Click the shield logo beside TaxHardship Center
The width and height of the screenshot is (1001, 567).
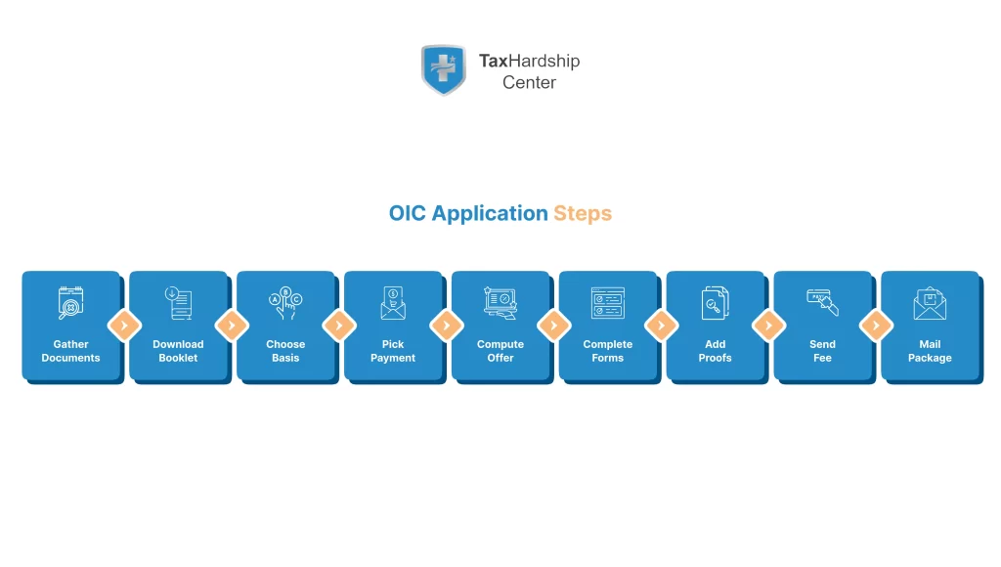coord(443,69)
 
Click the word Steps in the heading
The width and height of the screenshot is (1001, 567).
coord(583,213)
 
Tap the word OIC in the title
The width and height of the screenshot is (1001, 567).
coord(408,213)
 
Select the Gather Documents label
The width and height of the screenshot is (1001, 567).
coord(70,351)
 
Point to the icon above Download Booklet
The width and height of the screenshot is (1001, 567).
coord(178,303)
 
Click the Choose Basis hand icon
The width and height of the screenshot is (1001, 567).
coord(285,303)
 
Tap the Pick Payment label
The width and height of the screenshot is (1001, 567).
coord(393,351)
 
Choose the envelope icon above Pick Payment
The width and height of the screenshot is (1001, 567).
coord(393,303)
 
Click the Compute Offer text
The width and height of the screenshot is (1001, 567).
coord(500,351)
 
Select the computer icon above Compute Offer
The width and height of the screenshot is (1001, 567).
coord(500,303)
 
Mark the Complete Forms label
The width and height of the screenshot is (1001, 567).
coord(607,351)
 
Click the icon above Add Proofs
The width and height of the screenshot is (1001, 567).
coord(715,303)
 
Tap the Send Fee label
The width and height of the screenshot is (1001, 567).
coord(822,351)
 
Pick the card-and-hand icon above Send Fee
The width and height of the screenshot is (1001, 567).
coord(822,302)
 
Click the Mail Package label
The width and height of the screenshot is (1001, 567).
coord(930,351)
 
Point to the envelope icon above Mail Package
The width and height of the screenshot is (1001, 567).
coord(930,303)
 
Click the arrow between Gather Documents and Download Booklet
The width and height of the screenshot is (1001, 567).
coord(124,326)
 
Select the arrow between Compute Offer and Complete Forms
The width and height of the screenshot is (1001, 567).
coord(554,326)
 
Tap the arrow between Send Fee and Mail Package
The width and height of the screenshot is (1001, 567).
coord(876,326)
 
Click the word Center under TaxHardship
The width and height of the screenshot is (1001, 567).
coord(529,83)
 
